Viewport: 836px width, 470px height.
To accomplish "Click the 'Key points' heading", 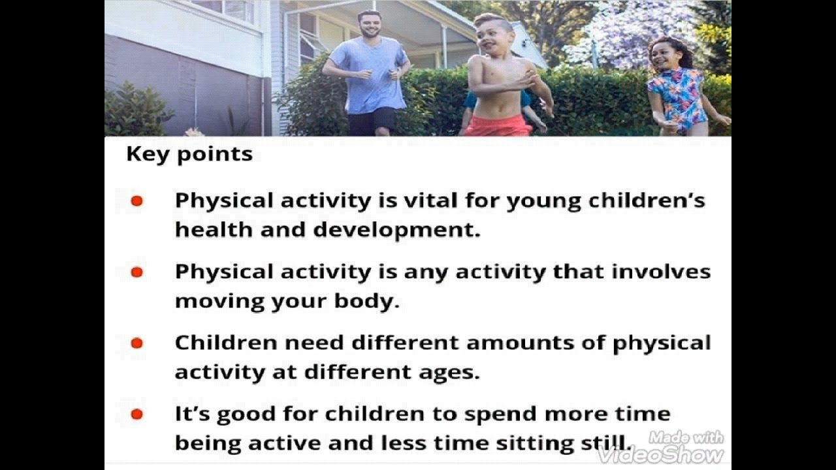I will point(189,154).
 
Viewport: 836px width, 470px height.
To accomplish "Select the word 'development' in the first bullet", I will point(396,230).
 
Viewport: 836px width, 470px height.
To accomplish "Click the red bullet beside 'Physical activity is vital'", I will point(137,201).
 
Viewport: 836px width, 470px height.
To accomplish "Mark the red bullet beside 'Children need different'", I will point(137,343).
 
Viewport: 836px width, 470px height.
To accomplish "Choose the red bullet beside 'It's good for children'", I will point(137,414).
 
